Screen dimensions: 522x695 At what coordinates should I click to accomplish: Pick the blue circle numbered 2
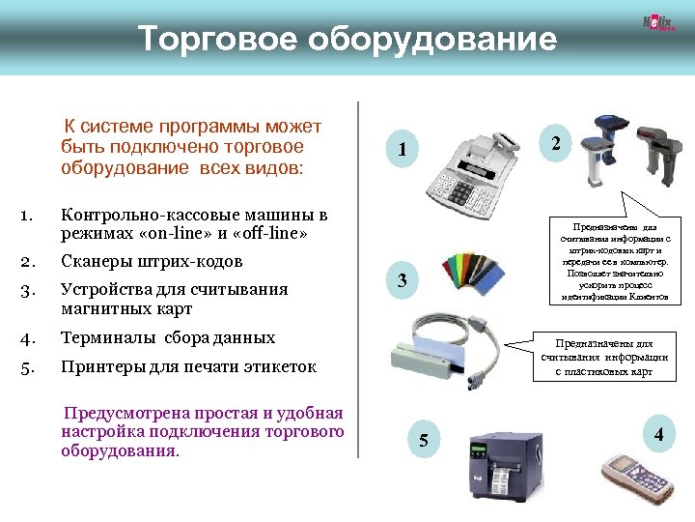(555, 143)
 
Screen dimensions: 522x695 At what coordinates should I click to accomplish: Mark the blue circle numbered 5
(422, 442)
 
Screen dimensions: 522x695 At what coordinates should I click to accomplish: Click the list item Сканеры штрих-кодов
(152, 262)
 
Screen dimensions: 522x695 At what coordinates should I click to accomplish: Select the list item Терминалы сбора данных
(168, 338)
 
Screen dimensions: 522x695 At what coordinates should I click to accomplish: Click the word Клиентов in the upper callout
(659, 298)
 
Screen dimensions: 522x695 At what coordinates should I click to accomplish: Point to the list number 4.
(28, 339)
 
